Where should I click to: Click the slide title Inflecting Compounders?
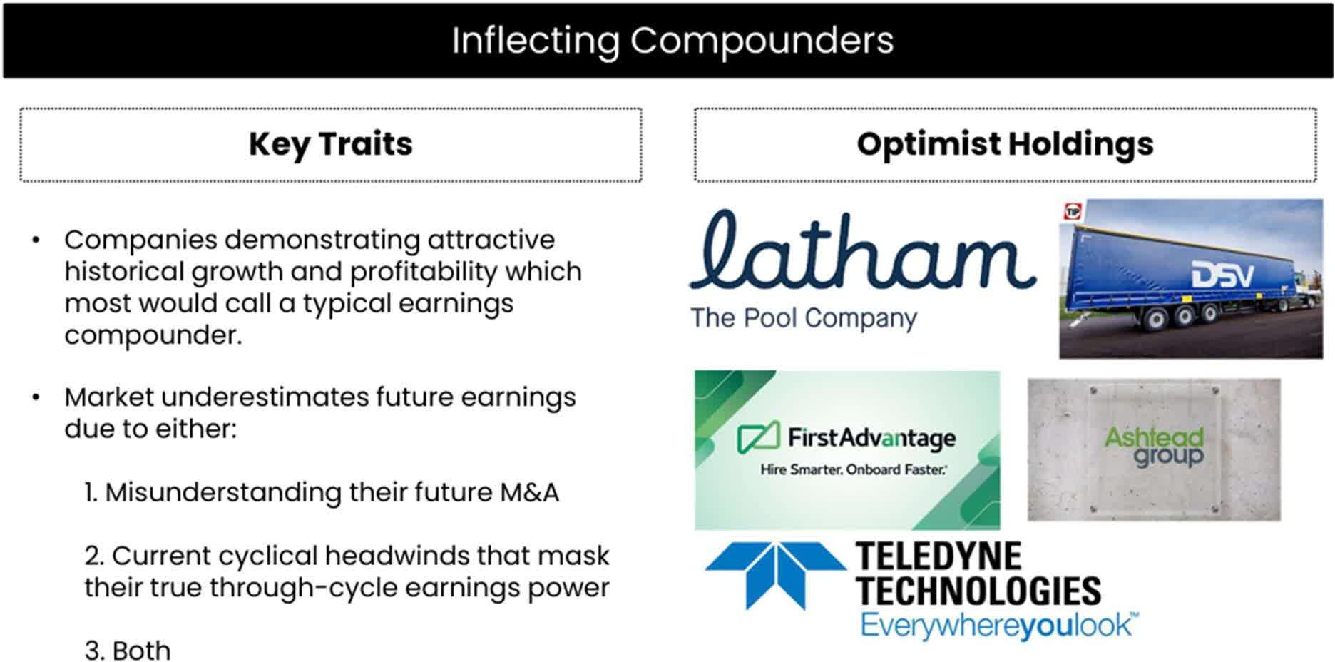[672, 41]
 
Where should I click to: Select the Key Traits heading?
[331, 144]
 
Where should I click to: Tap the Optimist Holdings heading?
[1005, 144]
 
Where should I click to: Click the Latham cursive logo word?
[863, 250]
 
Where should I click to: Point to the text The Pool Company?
[804, 318]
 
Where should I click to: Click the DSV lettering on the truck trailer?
[1222, 275]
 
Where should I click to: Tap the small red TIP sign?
[1073, 212]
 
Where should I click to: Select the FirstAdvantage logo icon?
[758, 437]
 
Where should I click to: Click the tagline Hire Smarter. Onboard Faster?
[854, 469]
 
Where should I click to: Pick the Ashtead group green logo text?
[1154, 447]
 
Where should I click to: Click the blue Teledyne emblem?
[775, 575]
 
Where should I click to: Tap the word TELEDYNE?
[938, 556]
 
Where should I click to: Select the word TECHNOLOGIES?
[978, 591]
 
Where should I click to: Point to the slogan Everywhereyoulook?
[998, 626]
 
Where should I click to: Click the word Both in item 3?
[141, 651]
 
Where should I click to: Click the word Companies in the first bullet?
[140, 240]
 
